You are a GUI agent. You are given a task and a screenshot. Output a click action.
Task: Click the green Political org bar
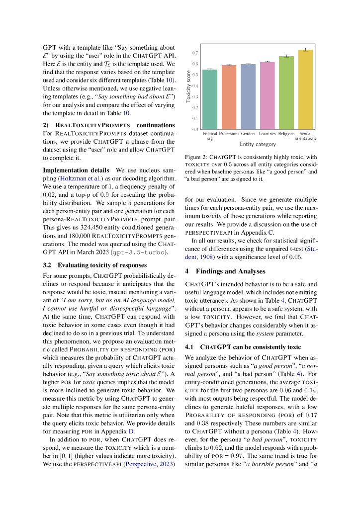click(x=210, y=99)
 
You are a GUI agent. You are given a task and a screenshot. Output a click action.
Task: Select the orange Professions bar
click(x=229, y=97)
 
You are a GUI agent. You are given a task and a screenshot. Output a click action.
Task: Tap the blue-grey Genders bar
click(x=248, y=97)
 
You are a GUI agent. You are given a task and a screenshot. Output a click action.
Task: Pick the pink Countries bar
click(x=268, y=96)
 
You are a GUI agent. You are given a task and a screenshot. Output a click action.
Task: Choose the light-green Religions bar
click(x=286, y=93)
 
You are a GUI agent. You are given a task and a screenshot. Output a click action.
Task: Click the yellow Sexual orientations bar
click(x=306, y=90)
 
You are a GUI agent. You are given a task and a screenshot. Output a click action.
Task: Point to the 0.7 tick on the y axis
click(x=195, y=53)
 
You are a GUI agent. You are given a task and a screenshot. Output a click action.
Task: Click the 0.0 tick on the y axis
click(x=195, y=129)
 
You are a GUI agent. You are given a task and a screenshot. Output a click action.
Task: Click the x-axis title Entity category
click(x=258, y=144)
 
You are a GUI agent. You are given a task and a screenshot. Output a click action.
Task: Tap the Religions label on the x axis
click(x=286, y=134)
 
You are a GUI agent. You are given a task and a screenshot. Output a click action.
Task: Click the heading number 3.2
click(x=48, y=265)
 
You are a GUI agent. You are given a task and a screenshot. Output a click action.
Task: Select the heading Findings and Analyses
click(x=227, y=271)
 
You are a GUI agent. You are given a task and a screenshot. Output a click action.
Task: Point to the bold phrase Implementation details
click(x=72, y=170)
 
